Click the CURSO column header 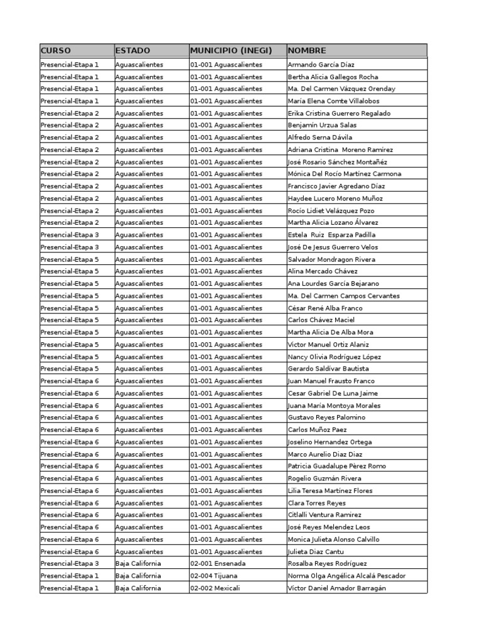pos(56,50)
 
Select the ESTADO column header pos(133,50)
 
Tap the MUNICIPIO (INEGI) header pos(231,50)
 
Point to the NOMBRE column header pos(307,50)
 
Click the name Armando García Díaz pos(321,64)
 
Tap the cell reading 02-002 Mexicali pos(216,588)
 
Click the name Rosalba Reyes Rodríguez pos(327,564)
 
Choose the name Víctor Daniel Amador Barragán pos(337,588)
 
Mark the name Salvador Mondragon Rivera pos(331,259)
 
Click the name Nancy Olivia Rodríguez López pos(335,357)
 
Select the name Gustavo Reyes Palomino pos(326,418)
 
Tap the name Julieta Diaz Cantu pos(317,552)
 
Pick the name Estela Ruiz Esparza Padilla pos(331,235)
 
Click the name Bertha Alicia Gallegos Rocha pos(333,77)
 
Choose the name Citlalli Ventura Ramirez pos(324,515)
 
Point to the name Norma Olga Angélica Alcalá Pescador pos(346,576)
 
